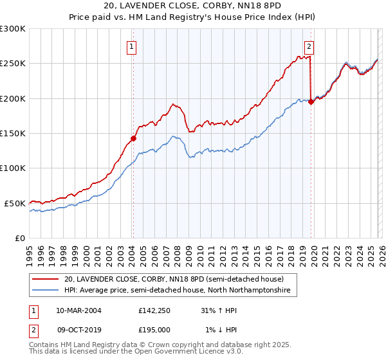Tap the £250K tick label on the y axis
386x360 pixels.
coord(13,64)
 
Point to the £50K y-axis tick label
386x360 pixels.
coord(15,203)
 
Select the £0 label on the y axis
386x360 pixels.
coord(21,238)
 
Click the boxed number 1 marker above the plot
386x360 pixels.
coord(132,46)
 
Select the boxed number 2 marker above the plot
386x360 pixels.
coord(309,46)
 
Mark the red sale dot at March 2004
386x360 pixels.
coord(133,138)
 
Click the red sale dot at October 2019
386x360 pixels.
coord(311,102)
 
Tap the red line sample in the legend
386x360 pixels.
coord(46,280)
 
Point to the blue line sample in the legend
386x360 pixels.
coord(46,291)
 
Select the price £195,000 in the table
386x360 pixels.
coord(154,329)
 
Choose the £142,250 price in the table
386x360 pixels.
coord(154,310)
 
